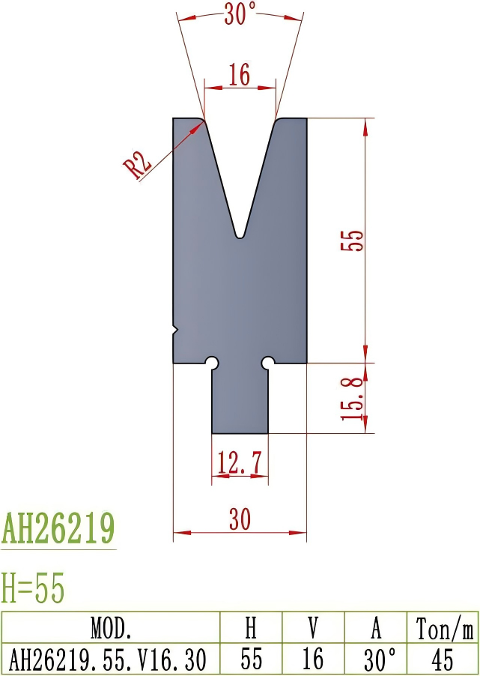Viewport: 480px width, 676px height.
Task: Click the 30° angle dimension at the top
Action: tap(240, 14)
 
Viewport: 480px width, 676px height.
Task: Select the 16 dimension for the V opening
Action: tap(240, 75)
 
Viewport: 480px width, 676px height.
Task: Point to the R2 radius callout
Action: tap(139, 165)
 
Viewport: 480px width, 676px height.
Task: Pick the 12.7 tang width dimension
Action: tap(240, 464)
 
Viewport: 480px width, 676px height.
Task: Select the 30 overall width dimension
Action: tap(240, 519)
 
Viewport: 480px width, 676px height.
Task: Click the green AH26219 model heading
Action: tap(58, 529)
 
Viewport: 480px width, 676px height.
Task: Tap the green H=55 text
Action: tap(34, 588)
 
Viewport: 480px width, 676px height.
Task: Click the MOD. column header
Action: tap(111, 627)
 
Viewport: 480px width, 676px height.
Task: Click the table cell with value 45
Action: tap(443, 659)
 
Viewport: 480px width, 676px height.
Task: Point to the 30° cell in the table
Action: tap(379, 659)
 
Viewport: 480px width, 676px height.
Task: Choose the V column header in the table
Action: tap(312, 627)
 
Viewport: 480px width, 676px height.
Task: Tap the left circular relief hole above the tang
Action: tap(213, 363)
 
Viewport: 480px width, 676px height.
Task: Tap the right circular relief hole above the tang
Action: tap(267, 363)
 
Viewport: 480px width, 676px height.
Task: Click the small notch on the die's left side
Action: tap(176, 328)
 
